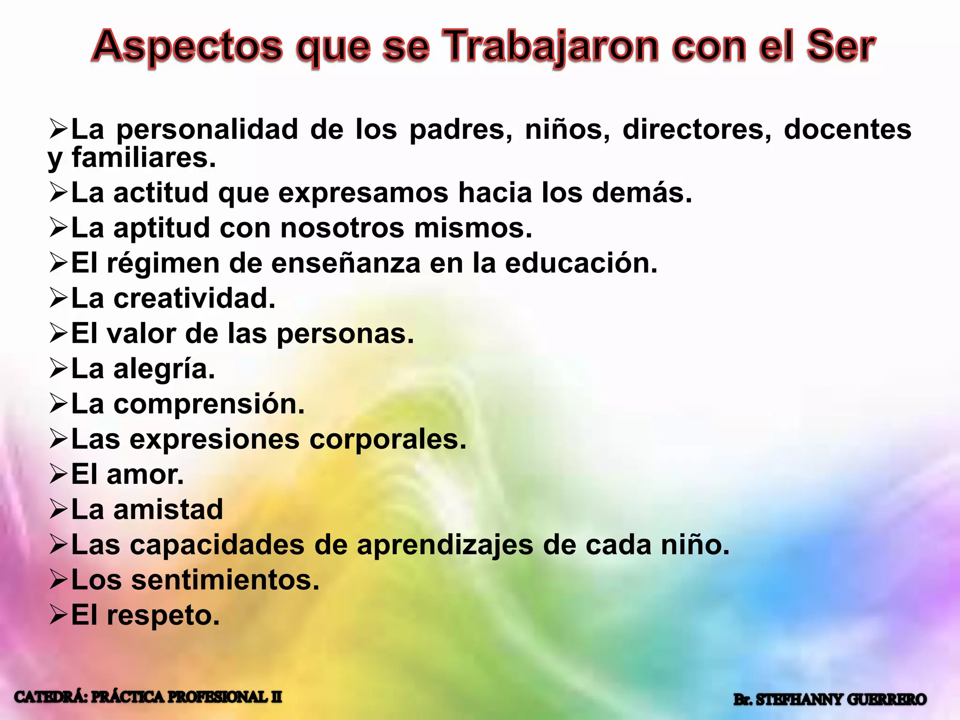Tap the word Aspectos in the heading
(187, 47)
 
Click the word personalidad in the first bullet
(207, 129)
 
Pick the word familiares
(143, 158)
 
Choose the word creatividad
(194, 299)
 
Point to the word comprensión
(209, 405)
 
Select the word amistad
(168, 510)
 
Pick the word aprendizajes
(445, 545)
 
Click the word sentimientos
(225, 580)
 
